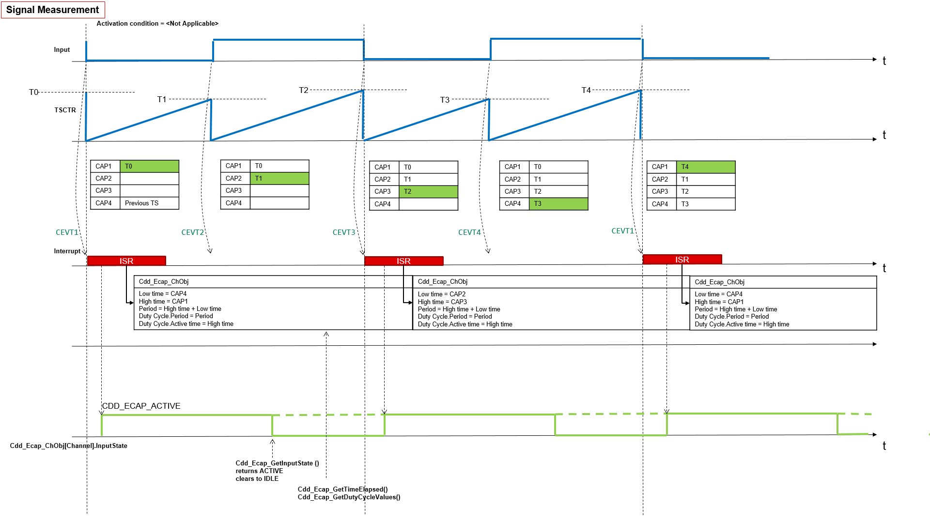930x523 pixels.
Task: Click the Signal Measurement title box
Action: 53,10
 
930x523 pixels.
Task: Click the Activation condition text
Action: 157,23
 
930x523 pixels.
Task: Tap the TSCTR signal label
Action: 65,110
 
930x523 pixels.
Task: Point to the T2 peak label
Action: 304,90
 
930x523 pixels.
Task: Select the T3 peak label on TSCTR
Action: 445,100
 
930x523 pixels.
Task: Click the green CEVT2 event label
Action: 193,232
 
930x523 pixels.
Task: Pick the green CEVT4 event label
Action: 469,232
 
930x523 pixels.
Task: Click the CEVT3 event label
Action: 344,232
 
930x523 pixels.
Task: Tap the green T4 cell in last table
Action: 705,167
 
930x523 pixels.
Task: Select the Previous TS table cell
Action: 149,203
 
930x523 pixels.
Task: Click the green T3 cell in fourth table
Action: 558,204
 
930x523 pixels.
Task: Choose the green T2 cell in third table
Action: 428,192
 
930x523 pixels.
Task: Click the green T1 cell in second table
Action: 279,179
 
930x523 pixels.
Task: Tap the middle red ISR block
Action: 403,261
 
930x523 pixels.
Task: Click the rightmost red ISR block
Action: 682,260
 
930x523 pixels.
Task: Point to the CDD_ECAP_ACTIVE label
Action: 141,406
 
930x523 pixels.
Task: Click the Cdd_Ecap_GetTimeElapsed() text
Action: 342,489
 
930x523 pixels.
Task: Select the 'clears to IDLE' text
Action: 257,478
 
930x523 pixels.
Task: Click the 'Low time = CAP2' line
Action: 441,294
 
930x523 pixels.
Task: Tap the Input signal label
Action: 62,50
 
